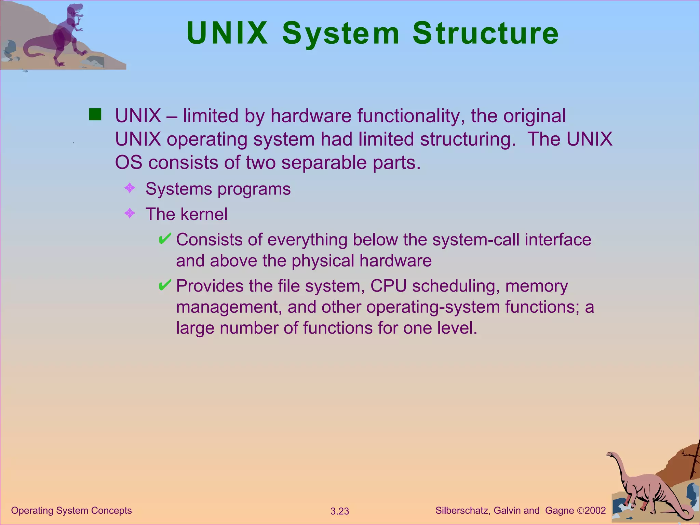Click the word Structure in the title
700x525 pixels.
coord(485,33)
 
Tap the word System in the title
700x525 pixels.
coord(340,34)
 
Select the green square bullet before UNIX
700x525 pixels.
coord(95,115)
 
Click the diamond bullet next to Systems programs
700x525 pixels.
coord(130,188)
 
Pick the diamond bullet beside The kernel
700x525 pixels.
coord(130,214)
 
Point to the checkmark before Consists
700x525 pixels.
coord(165,239)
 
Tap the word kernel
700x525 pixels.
coord(204,214)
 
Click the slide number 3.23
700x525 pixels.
coord(339,511)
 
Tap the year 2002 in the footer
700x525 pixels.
coord(595,510)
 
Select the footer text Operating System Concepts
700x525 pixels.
coord(71,510)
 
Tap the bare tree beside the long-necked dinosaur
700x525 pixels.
coord(694,461)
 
